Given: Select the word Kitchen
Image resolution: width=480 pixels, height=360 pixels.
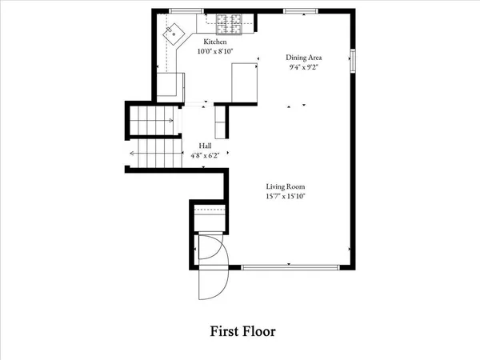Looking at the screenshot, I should pyautogui.click(x=215, y=42).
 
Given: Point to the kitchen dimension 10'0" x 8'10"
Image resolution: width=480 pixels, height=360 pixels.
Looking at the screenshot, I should pyautogui.click(x=215, y=51).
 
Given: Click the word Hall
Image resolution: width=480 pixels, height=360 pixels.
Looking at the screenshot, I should pyautogui.click(x=206, y=146).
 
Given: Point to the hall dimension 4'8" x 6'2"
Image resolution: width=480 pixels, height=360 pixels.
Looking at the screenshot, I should pyautogui.click(x=206, y=155).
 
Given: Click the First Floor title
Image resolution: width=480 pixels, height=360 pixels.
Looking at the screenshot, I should pyautogui.click(x=243, y=330).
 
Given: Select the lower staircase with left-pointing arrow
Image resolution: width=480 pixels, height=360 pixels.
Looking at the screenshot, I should pyautogui.click(x=152, y=154).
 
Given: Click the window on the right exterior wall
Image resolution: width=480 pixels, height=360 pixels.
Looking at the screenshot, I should pyautogui.click(x=354, y=61).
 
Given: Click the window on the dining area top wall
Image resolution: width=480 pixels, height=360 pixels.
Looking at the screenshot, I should pyautogui.click(x=298, y=11).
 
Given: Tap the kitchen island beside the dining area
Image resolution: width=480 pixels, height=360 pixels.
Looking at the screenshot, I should pyautogui.click(x=244, y=83).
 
